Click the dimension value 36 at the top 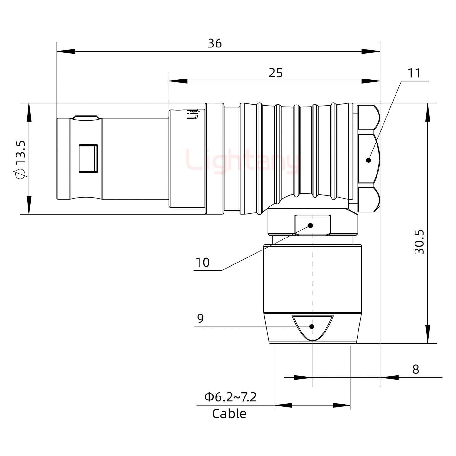[215, 43]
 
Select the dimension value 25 [275, 73]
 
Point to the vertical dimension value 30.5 [419, 242]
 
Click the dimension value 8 [415, 369]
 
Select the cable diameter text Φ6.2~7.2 [230, 397]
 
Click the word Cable [229, 414]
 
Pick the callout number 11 [414, 73]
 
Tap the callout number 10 [203, 263]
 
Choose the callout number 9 [200, 318]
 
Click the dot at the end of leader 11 [368, 160]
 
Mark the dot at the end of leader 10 [311, 225]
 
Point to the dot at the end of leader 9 [312, 326]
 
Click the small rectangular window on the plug [88, 159]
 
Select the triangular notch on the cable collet [313, 326]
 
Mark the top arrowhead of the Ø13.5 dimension [29, 112]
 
